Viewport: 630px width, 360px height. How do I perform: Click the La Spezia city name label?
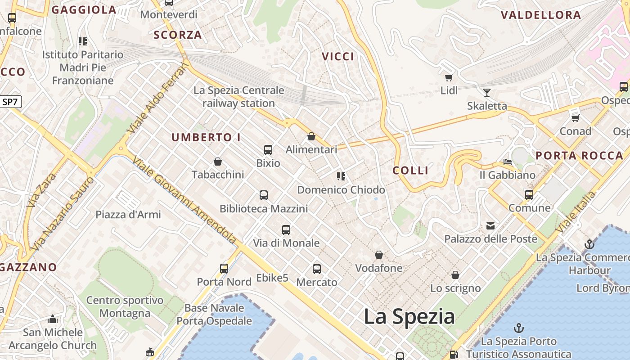[409, 316]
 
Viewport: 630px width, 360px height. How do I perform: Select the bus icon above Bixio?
[268, 150]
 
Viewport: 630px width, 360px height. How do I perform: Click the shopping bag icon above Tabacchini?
[218, 162]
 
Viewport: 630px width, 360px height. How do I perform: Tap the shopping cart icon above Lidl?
[449, 77]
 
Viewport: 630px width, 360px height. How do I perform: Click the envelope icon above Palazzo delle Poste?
[490, 226]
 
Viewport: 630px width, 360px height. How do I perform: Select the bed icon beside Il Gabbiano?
[508, 162]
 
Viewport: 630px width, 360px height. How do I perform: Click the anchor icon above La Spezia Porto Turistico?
[519, 328]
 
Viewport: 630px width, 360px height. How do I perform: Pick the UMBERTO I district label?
[206, 138]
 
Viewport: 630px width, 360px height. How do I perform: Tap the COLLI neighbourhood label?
[410, 171]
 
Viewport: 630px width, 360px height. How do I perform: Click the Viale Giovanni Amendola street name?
[184, 201]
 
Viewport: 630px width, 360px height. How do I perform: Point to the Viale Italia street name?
[576, 212]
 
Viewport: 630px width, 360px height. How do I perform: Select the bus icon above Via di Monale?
[286, 230]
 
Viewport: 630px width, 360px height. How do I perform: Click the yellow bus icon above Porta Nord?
[224, 269]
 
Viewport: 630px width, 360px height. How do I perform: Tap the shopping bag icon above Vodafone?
[379, 255]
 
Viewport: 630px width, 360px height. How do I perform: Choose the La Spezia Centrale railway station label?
[238, 97]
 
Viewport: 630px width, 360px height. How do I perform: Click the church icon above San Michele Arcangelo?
[53, 319]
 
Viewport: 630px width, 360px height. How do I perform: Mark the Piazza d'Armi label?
[128, 214]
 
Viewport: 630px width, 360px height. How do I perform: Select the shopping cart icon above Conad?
[575, 118]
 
